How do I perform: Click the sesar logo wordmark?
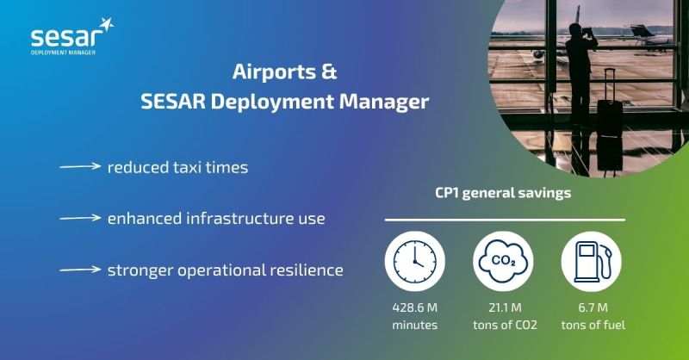click(x=64, y=38)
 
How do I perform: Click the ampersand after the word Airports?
click(x=329, y=71)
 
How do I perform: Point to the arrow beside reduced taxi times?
click(x=80, y=166)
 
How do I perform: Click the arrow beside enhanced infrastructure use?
click(x=80, y=218)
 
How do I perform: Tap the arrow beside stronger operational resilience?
click(x=80, y=270)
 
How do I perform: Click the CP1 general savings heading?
click(x=503, y=193)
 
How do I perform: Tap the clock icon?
click(x=415, y=261)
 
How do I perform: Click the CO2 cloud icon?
click(x=503, y=261)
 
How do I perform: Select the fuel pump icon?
click(x=592, y=261)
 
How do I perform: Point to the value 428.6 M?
click(x=415, y=307)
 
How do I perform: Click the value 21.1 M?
click(x=505, y=307)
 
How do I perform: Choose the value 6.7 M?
click(x=593, y=307)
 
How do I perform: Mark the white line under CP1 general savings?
click(x=505, y=220)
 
